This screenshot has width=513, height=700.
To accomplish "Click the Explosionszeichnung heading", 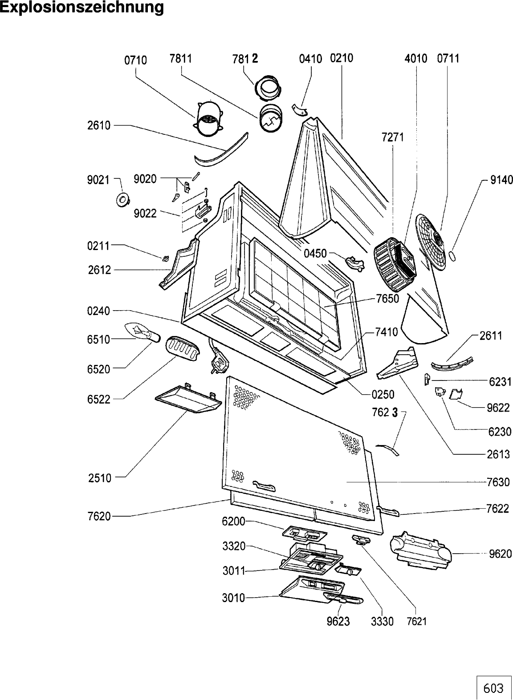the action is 81,7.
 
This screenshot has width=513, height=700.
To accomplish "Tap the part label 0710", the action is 135,60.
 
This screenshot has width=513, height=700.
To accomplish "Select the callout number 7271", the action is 393,137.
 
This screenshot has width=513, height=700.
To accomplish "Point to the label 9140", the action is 501,180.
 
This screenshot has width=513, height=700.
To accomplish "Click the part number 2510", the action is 100,478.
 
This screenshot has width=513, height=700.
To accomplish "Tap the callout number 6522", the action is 99,399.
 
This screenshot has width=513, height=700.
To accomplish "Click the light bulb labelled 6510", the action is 142,333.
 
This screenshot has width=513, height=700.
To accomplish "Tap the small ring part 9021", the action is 123,199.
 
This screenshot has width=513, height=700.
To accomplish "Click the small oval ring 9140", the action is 452,255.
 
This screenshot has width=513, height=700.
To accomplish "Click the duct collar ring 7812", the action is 269,88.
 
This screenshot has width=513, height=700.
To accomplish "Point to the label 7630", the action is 498,482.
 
